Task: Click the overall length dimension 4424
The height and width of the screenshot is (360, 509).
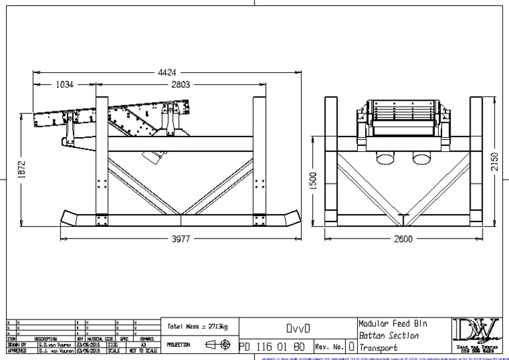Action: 167,72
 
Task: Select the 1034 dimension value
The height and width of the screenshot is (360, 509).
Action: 66,85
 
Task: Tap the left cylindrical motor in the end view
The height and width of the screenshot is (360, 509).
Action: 383,156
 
